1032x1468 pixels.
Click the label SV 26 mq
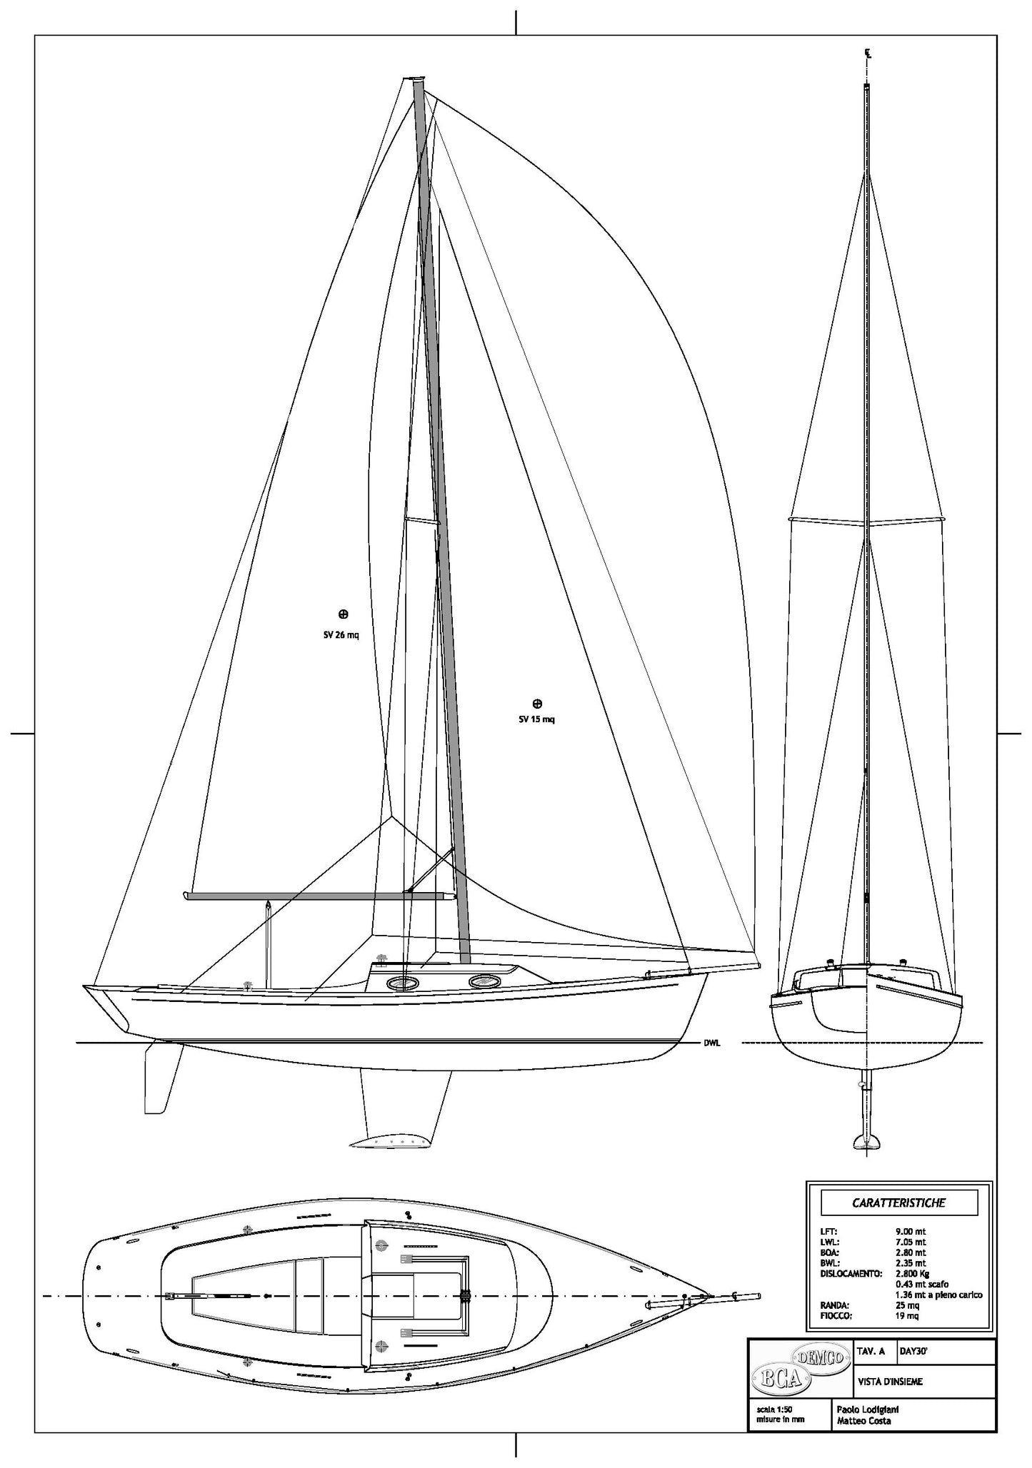(x=341, y=635)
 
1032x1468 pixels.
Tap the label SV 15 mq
(x=536, y=719)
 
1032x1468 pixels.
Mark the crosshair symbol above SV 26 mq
(x=343, y=614)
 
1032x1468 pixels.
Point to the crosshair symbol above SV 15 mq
(x=538, y=704)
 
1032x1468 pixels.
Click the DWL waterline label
(x=712, y=1043)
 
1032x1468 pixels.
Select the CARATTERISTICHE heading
(x=898, y=1203)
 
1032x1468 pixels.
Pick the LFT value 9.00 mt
(x=911, y=1231)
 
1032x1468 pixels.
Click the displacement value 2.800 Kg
(x=911, y=1272)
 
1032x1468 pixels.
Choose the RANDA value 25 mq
(x=907, y=1305)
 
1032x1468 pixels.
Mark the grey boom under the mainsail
(x=320, y=896)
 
